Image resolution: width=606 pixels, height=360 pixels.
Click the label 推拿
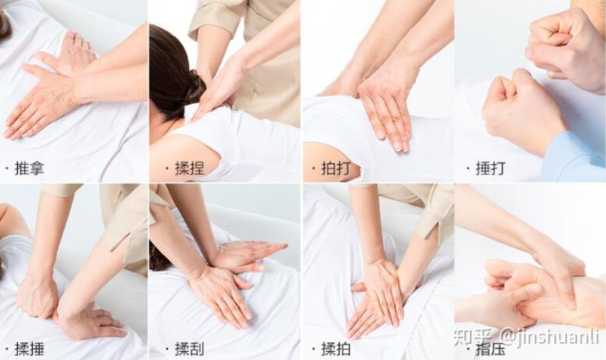click(x=30, y=169)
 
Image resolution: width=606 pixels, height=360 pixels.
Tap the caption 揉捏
click(x=189, y=169)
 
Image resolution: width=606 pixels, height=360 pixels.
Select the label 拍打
click(x=337, y=169)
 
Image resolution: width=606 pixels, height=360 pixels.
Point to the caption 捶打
click(x=490, y=169)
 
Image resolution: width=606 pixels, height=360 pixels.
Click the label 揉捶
click(x=30, y=349)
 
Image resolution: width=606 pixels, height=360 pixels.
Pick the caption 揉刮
click(x=189, y=349)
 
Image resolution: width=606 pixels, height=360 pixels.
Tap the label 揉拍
click(x=337, y=349)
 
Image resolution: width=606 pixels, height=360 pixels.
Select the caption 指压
click(x=490, y=349)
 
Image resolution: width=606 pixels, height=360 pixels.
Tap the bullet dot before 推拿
click(x=7, y=169)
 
